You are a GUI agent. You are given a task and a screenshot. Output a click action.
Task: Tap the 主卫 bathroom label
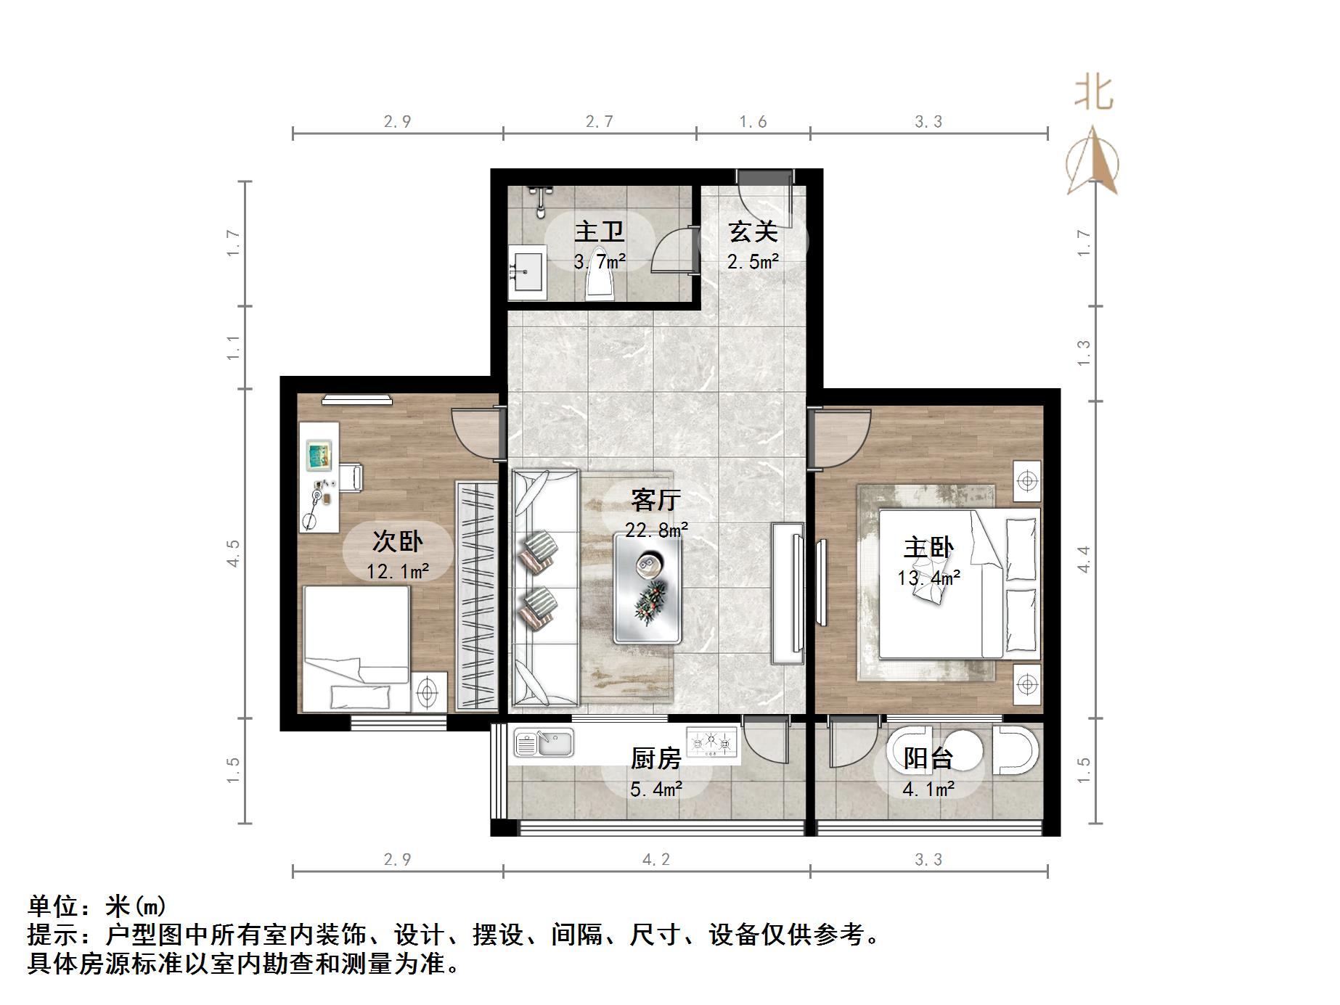(599, 232)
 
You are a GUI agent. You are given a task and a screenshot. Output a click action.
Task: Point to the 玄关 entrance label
(753, 232)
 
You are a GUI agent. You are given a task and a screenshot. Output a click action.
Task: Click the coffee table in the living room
(647, 588)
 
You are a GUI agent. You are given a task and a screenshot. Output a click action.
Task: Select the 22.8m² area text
(656, 530)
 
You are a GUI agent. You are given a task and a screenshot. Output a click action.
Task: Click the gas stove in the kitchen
(712, 742)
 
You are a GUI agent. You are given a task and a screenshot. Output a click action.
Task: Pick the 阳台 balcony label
(928, 758)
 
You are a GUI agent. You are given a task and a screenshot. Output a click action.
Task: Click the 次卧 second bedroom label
(397, 541)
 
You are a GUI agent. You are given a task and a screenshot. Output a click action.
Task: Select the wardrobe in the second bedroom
(476, 596)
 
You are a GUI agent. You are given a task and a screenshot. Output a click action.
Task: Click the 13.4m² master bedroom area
(928, 578)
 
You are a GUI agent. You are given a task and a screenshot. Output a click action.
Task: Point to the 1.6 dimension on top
(753, 122)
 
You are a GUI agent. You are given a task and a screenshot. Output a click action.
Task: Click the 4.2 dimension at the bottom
(656, 860)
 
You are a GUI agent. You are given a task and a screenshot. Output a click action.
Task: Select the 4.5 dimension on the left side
(233, 554)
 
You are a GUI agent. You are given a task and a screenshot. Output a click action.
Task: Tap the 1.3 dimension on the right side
(1084, 353)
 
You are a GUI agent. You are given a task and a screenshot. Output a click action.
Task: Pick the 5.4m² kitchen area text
(656, 789)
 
